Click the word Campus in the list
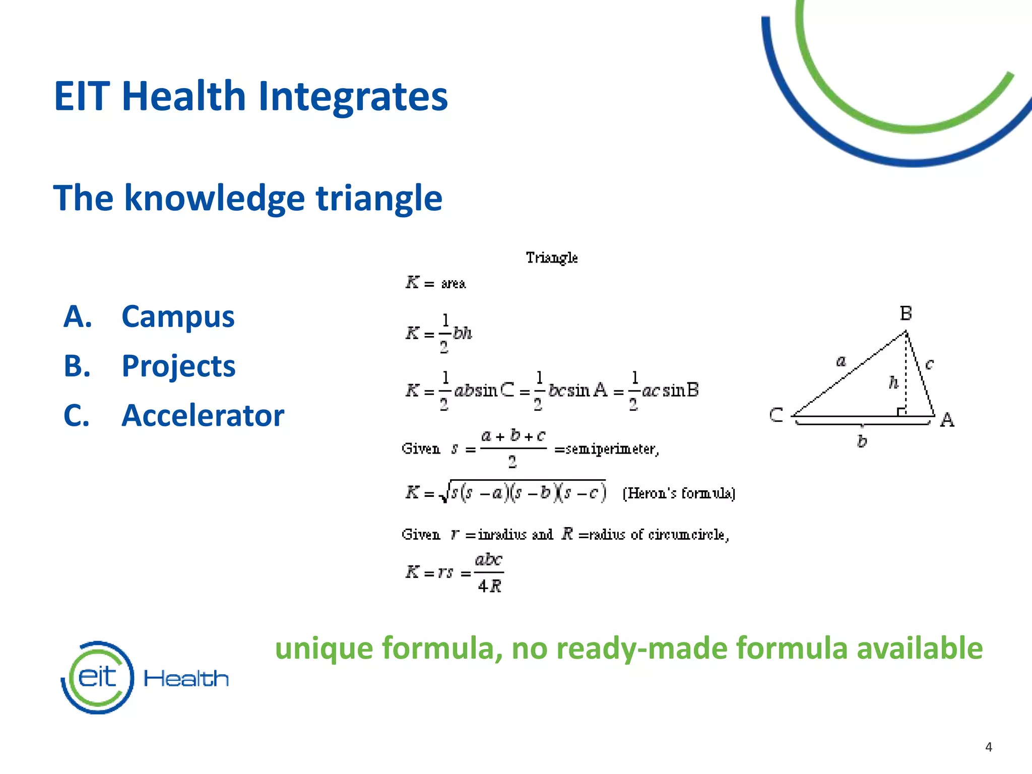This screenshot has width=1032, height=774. point(178,317)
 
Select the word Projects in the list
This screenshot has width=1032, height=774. point(178,366)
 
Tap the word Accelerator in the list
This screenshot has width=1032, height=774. point(203,416)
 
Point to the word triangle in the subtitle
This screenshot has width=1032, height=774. point(379,198)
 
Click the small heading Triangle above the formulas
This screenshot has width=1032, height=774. point(552,257)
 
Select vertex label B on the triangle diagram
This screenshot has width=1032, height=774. point(906,313)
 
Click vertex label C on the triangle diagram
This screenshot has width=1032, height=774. point(776,415)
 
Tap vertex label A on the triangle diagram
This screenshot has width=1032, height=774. point(947,420)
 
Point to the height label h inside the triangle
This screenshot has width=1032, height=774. point(893,383)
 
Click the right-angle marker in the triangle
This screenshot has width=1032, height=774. point(902,412)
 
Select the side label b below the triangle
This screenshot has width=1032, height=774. point(862,441)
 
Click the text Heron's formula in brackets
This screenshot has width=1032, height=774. point(679,493)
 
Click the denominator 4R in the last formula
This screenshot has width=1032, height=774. point(489,586)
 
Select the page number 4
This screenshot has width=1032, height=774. point(988,747)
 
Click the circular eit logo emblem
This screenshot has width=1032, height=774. point(98,677)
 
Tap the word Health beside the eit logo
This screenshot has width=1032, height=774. point(186,679)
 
